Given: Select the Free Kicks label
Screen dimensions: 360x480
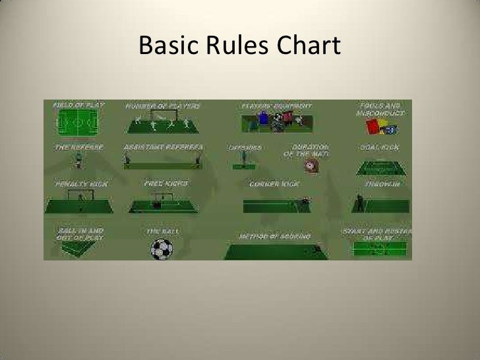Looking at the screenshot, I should pos(162,183).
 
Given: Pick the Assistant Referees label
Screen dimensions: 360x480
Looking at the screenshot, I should pos(163,146).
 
